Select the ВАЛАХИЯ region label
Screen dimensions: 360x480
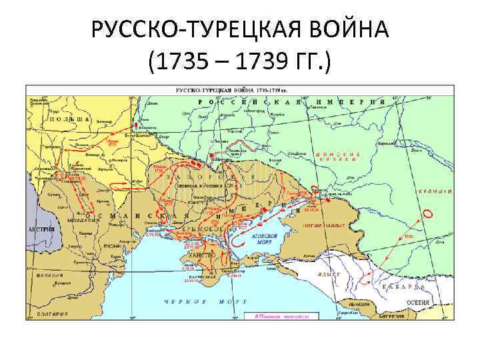pos(50,275)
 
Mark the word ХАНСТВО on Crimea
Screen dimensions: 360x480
pos(201,255)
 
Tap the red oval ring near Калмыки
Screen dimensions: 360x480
pos(427,215)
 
